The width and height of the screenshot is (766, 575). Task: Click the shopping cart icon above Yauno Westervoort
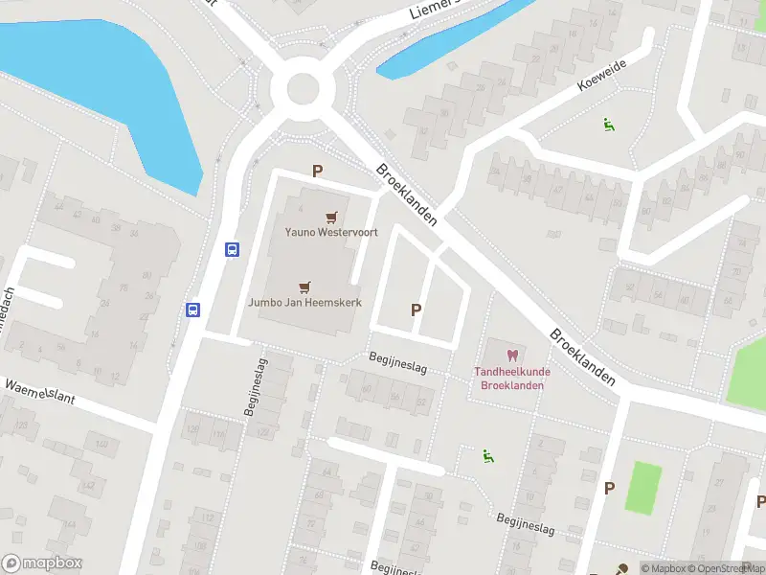(331, 218)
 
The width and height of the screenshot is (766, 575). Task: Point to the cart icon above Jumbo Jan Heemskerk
(304, 286)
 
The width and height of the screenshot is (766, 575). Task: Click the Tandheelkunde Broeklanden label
(510, 379)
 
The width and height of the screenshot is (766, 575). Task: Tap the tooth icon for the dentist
(510, 356)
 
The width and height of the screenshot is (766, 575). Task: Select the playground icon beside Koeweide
(608, 125)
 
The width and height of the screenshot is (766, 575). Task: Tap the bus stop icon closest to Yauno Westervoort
(232, 249)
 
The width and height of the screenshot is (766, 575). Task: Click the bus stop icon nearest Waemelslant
(192, 310)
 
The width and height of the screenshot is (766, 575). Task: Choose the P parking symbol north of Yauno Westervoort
(317, 172)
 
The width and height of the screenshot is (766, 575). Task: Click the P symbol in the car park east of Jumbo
(416, 310)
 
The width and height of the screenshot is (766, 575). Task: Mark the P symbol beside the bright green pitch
(608, 488)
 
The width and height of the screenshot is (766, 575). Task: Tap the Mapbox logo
(42, 563)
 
